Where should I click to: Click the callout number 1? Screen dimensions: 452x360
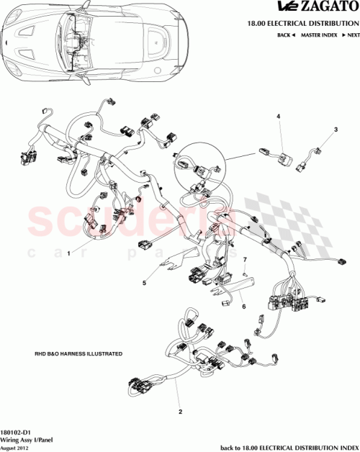[69, 253]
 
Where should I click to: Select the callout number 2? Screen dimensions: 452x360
[180, 412]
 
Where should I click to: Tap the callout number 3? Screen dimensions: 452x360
[335, 130]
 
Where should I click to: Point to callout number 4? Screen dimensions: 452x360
[279, 116]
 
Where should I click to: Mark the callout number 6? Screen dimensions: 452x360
[243, 305]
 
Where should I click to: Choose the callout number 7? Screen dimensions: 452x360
[244, 259]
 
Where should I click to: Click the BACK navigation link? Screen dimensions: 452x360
[287, 35]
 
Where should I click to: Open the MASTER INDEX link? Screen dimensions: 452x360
[320, 35]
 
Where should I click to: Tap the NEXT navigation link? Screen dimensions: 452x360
[351, 35]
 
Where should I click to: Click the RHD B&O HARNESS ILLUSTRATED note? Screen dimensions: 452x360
[78, 355]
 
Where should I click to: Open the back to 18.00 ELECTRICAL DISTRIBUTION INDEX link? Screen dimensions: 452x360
[287, 446]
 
